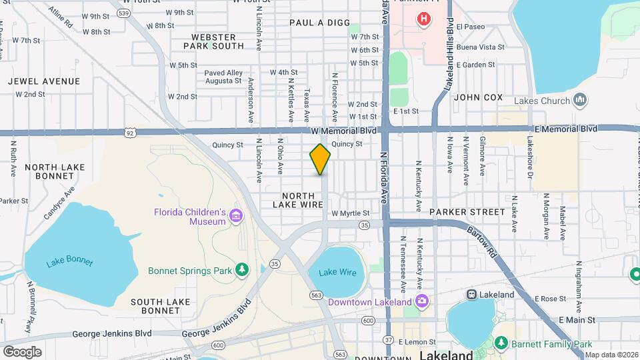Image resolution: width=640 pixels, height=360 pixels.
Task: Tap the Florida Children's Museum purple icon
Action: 235,216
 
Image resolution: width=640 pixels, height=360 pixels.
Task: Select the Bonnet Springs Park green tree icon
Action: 243,270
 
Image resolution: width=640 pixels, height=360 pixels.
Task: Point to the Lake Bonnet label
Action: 69,262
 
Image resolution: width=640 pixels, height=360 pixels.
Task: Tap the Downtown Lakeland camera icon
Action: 421,301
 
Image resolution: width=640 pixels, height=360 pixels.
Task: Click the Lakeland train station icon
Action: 472,295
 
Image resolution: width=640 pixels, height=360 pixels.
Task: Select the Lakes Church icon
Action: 580,101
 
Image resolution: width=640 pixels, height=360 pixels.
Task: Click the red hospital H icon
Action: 422,19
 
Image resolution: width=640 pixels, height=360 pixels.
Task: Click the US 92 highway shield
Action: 129,133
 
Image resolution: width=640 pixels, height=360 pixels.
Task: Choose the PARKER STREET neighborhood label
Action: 467,212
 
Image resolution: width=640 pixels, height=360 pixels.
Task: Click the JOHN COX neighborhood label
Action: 478,97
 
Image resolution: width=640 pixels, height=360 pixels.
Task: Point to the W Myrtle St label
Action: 350,213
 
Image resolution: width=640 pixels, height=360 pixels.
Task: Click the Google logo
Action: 22,351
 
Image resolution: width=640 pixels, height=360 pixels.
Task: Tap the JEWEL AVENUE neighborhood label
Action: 44,81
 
